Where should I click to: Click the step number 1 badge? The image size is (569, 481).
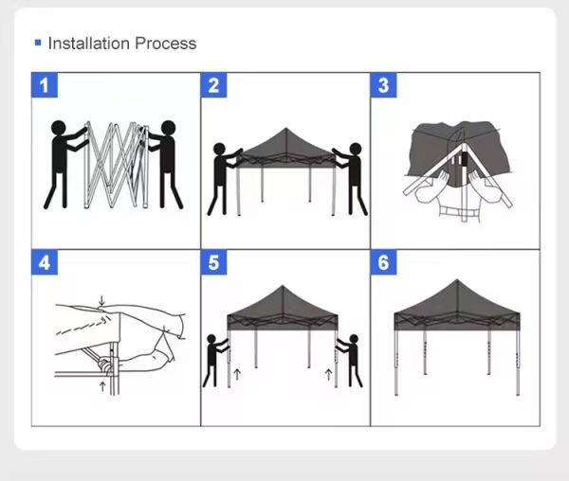(45, 85)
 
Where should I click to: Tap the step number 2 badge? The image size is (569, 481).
(213, 85)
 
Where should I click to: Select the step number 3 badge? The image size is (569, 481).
(383, 85)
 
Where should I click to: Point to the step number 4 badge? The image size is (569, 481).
(45, 262)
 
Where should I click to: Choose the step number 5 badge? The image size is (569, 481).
(213, 262)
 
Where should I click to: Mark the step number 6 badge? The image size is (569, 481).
(383, 262)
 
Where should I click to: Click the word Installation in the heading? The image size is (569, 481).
(89, 44)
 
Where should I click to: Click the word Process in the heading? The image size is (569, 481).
(166, 44)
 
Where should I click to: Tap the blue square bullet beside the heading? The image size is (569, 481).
(38, 43)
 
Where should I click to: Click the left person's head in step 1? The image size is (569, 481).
(59, 128)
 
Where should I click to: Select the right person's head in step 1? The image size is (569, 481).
(169, 128)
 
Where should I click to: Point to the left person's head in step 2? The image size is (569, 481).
(220, 149)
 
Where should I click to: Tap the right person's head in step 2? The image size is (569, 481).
(356, 149)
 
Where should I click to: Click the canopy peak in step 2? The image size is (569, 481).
(286, 128)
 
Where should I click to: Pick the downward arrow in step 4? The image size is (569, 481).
(102, 301)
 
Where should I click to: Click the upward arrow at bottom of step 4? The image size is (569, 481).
(102, 386)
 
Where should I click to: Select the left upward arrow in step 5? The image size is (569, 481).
(237, 375)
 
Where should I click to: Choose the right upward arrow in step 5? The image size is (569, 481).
(329, 375)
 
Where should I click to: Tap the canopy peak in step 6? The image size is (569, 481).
(457, 280)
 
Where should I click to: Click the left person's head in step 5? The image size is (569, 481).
(211, 339)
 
